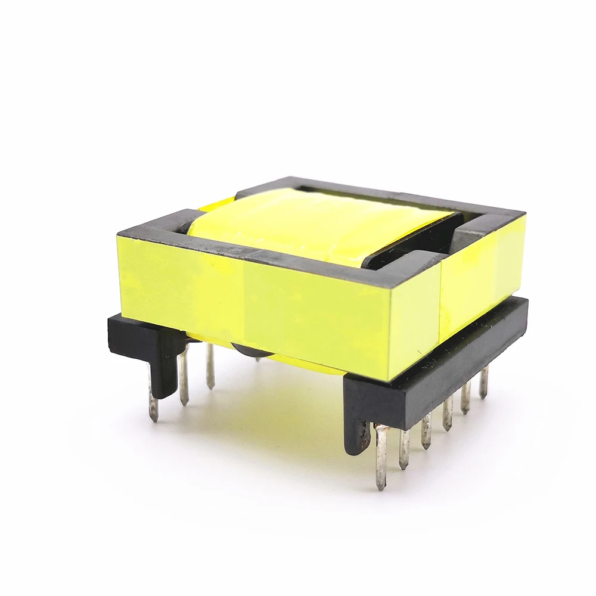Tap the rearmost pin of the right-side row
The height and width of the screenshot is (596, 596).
point(483,381)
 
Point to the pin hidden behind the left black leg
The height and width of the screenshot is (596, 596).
point(153,405)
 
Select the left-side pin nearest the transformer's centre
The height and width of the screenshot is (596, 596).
point(210,366)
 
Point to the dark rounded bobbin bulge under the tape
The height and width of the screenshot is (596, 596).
point(244,352)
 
